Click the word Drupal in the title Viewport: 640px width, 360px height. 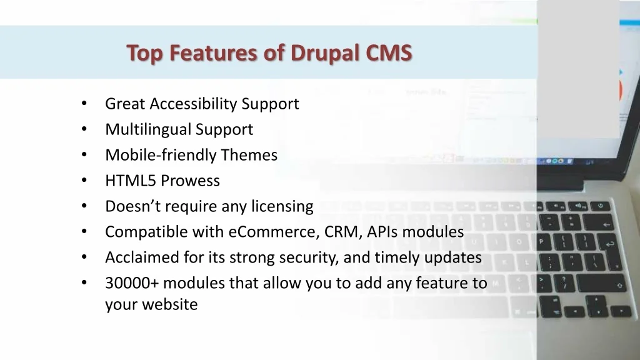pos(325,54)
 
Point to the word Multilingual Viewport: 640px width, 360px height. pos(147,130)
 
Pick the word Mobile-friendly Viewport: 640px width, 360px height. pos(161,155)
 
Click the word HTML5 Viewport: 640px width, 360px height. pos(131,181)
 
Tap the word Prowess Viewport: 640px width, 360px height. pos(191,181)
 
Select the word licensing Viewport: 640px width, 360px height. pos(282,206)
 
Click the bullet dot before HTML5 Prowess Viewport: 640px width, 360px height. pos(84,180)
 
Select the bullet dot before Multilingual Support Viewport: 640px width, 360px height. pos(84,129)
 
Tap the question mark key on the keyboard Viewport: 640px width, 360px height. pos(564,283)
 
